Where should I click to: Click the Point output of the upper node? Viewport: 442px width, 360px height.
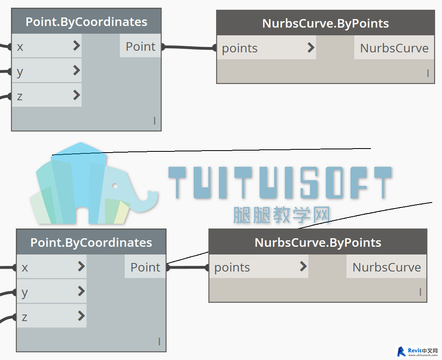point(141,47)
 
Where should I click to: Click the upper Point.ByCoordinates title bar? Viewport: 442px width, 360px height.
point(86,22)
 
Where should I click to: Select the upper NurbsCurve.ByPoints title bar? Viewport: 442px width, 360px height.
point(325,23)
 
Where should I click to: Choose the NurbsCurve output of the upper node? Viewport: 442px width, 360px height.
point(394,48)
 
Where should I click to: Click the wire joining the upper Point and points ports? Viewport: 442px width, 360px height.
point(189,47)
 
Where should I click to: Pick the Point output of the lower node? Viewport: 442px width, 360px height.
point(145,267)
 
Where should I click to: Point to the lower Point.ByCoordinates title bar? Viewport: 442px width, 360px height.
point(91,242)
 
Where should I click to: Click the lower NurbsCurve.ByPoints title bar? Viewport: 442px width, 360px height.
point(318,242)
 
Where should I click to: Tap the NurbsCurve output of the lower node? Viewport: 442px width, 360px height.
point(386,267)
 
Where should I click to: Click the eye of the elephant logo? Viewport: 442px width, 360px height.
point(115,186)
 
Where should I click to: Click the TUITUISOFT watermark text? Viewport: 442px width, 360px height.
point(280,183)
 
